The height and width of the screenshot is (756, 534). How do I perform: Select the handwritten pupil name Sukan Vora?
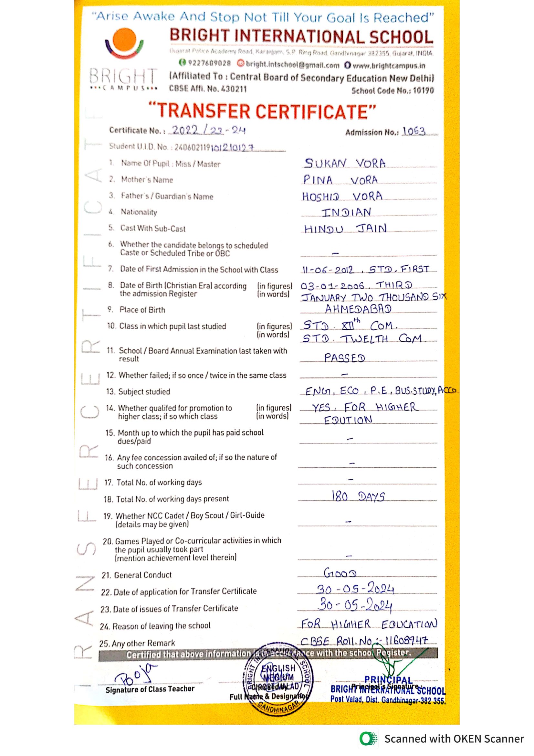(344, 163)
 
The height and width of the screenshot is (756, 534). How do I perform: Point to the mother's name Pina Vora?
(340, 180)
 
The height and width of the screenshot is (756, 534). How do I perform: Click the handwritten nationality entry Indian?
(346, 212)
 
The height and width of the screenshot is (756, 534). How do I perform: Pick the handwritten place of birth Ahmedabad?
(358, 309)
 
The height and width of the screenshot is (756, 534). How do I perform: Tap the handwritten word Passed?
(344, 358)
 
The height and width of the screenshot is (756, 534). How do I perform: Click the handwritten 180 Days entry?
(358, 496)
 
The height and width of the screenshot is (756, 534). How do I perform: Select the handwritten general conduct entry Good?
(340, 573)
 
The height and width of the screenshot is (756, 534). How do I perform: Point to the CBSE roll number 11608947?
(406, 640)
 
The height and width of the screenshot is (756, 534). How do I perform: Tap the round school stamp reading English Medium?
(278, 679)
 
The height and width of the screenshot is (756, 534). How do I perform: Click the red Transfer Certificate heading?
(262, 111)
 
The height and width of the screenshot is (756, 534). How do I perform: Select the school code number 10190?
(423, 91)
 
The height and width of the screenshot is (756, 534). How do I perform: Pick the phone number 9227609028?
(209, 63)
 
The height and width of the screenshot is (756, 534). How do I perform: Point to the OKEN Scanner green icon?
(368, 739)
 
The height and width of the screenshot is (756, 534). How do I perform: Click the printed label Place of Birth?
(142, 310)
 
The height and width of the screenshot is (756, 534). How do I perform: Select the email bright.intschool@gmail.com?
(292, 65)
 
